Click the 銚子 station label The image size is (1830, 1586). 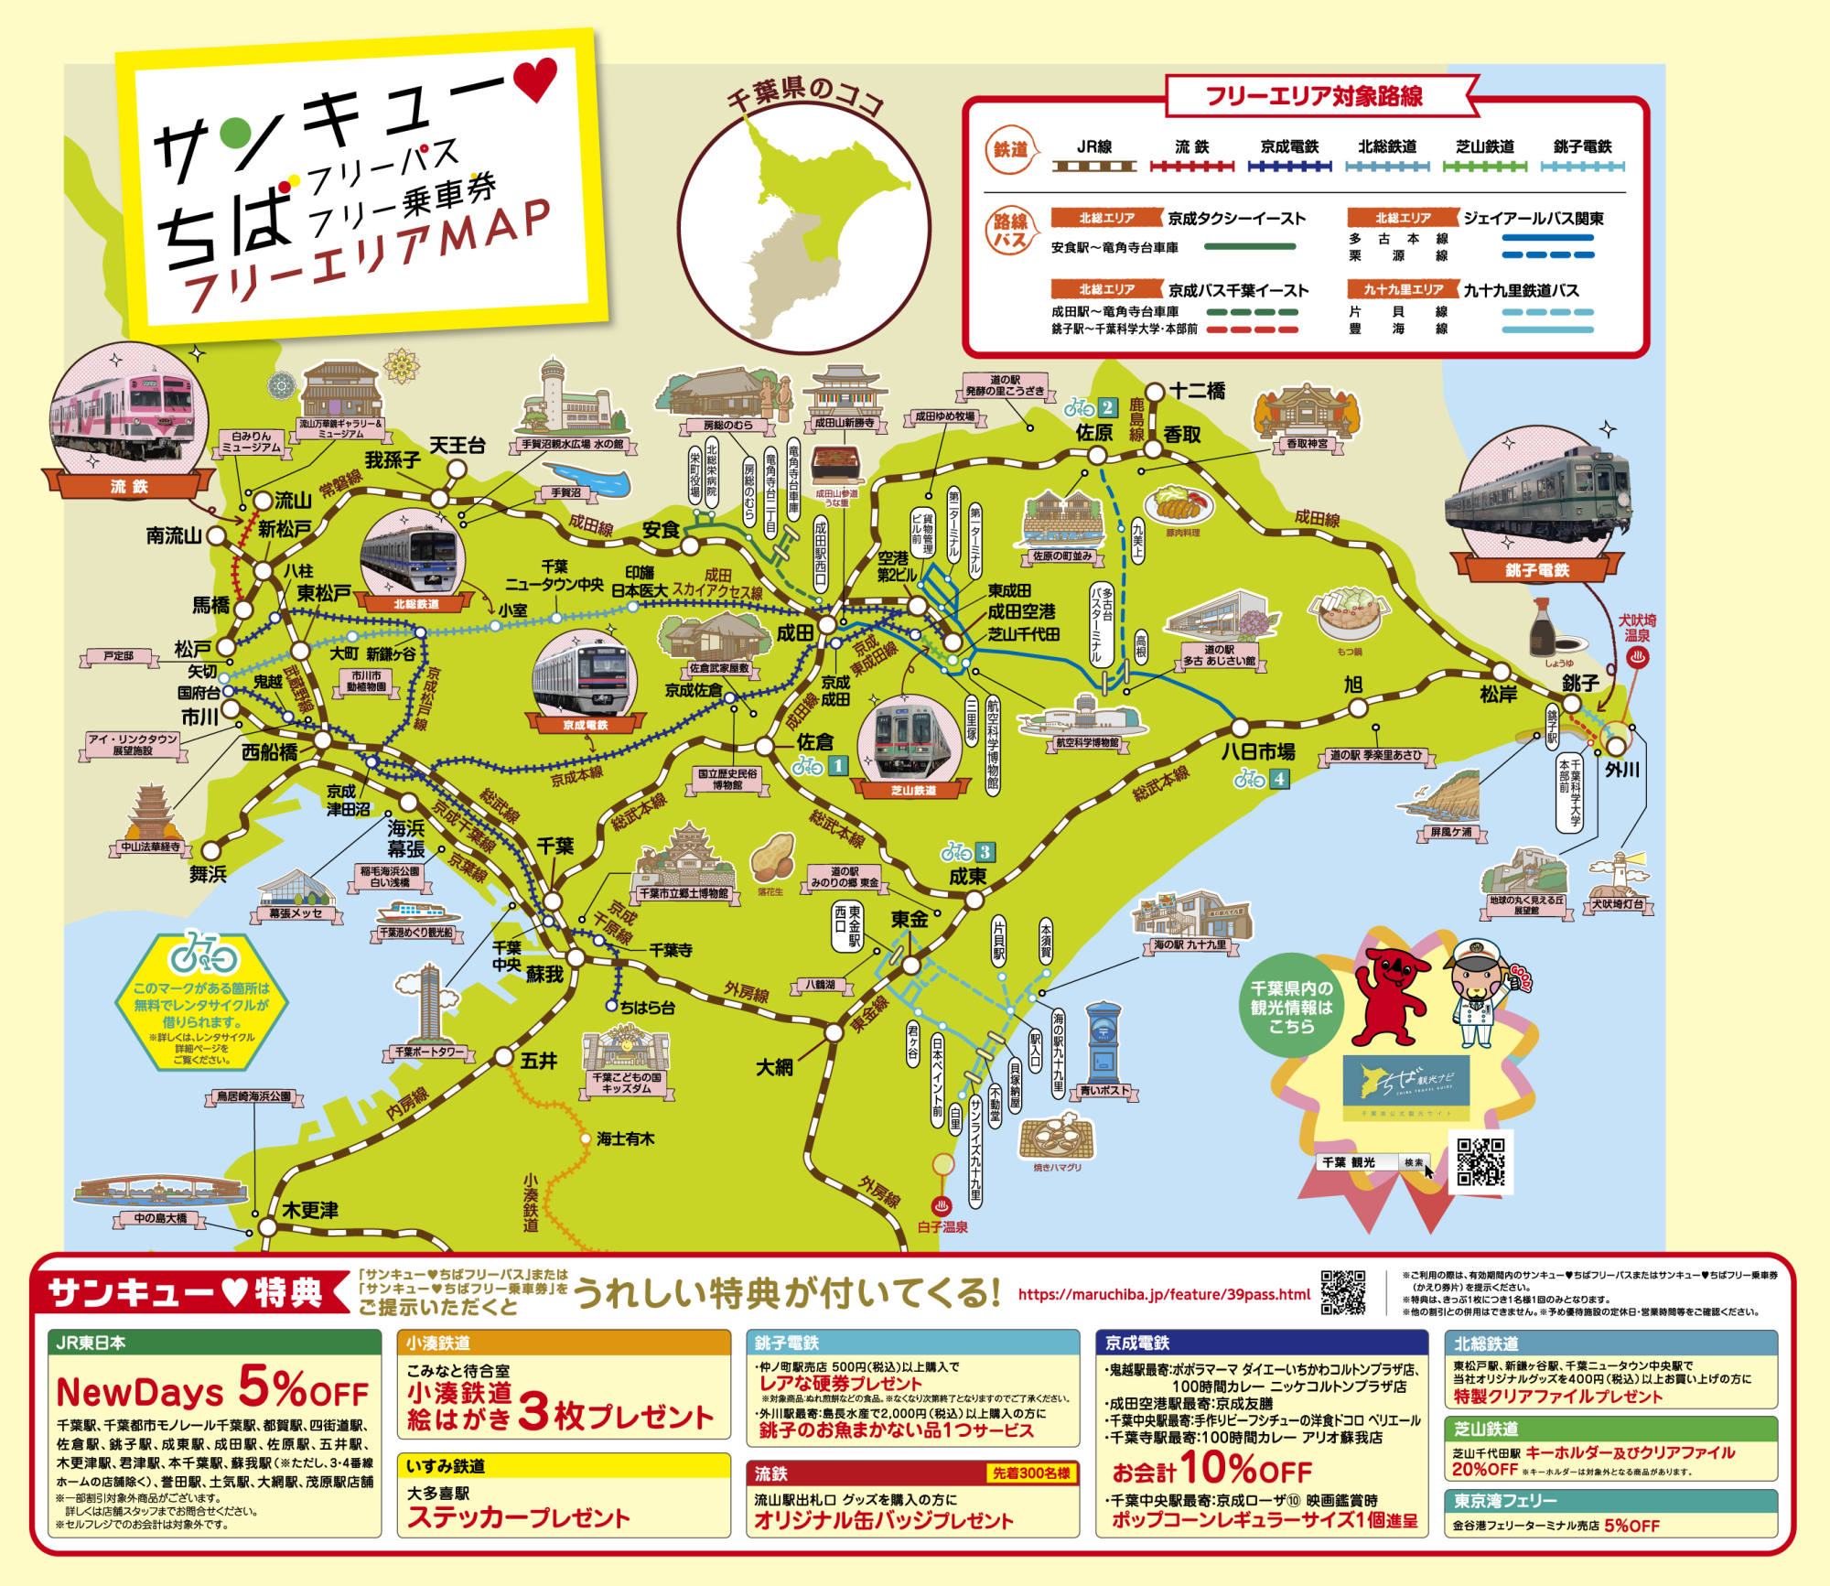tap(1580, 683)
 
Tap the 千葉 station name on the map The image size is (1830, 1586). tap(554, 847)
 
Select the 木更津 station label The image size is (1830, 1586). tap(310, 1211)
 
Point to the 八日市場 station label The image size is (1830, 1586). tap(1258, 752)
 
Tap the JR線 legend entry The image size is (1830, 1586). tap(1094, 147)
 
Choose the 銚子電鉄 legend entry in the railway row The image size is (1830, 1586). tap(1582, 147)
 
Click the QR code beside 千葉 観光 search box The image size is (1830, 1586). tap(1480, 1161)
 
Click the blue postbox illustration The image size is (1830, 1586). tap(1103, 1042)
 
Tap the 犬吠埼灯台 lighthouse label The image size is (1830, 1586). tap(1618, 904)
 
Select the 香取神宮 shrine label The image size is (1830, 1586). tap(1307, 444)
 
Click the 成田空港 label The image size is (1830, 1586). tap(1021, 611)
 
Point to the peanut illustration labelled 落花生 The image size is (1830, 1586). tap(772, 858)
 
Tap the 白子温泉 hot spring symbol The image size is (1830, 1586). tap(941, 1206)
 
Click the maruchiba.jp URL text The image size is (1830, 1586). tap(1164, 1294)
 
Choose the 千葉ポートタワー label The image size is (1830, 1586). tap(430, 1052)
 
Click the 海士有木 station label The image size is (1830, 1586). tap(625, 1139)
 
